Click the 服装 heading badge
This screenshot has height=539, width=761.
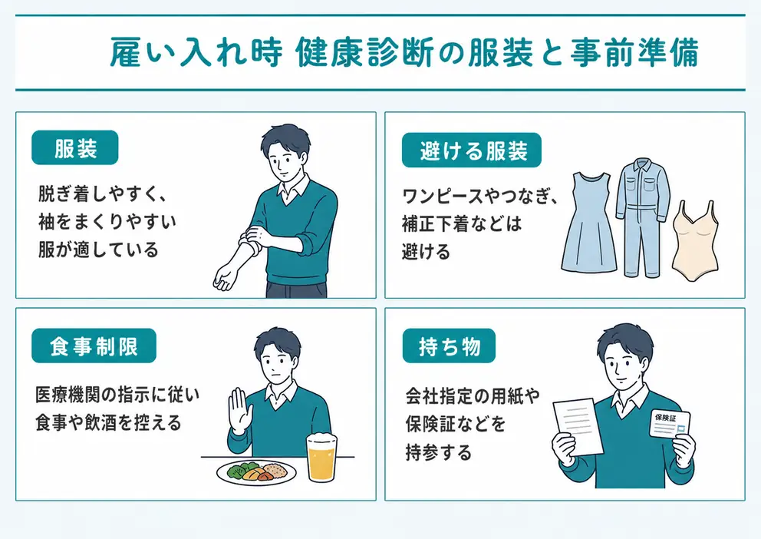point(74,147)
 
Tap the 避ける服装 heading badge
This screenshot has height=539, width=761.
point(471,150)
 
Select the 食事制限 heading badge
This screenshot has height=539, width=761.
point(94,346)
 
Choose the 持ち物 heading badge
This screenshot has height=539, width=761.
point(449,346)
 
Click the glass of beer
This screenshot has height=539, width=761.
point(321,458)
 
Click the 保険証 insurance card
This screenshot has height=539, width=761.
point(669,425)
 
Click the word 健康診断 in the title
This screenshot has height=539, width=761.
point(364,52)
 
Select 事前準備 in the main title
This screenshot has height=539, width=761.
point(634,52)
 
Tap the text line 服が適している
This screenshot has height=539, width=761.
point(98,250)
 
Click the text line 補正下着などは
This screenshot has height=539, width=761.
point(462,223)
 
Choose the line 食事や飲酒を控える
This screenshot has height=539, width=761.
point(108,422)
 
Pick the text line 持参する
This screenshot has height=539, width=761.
point(439,452)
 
